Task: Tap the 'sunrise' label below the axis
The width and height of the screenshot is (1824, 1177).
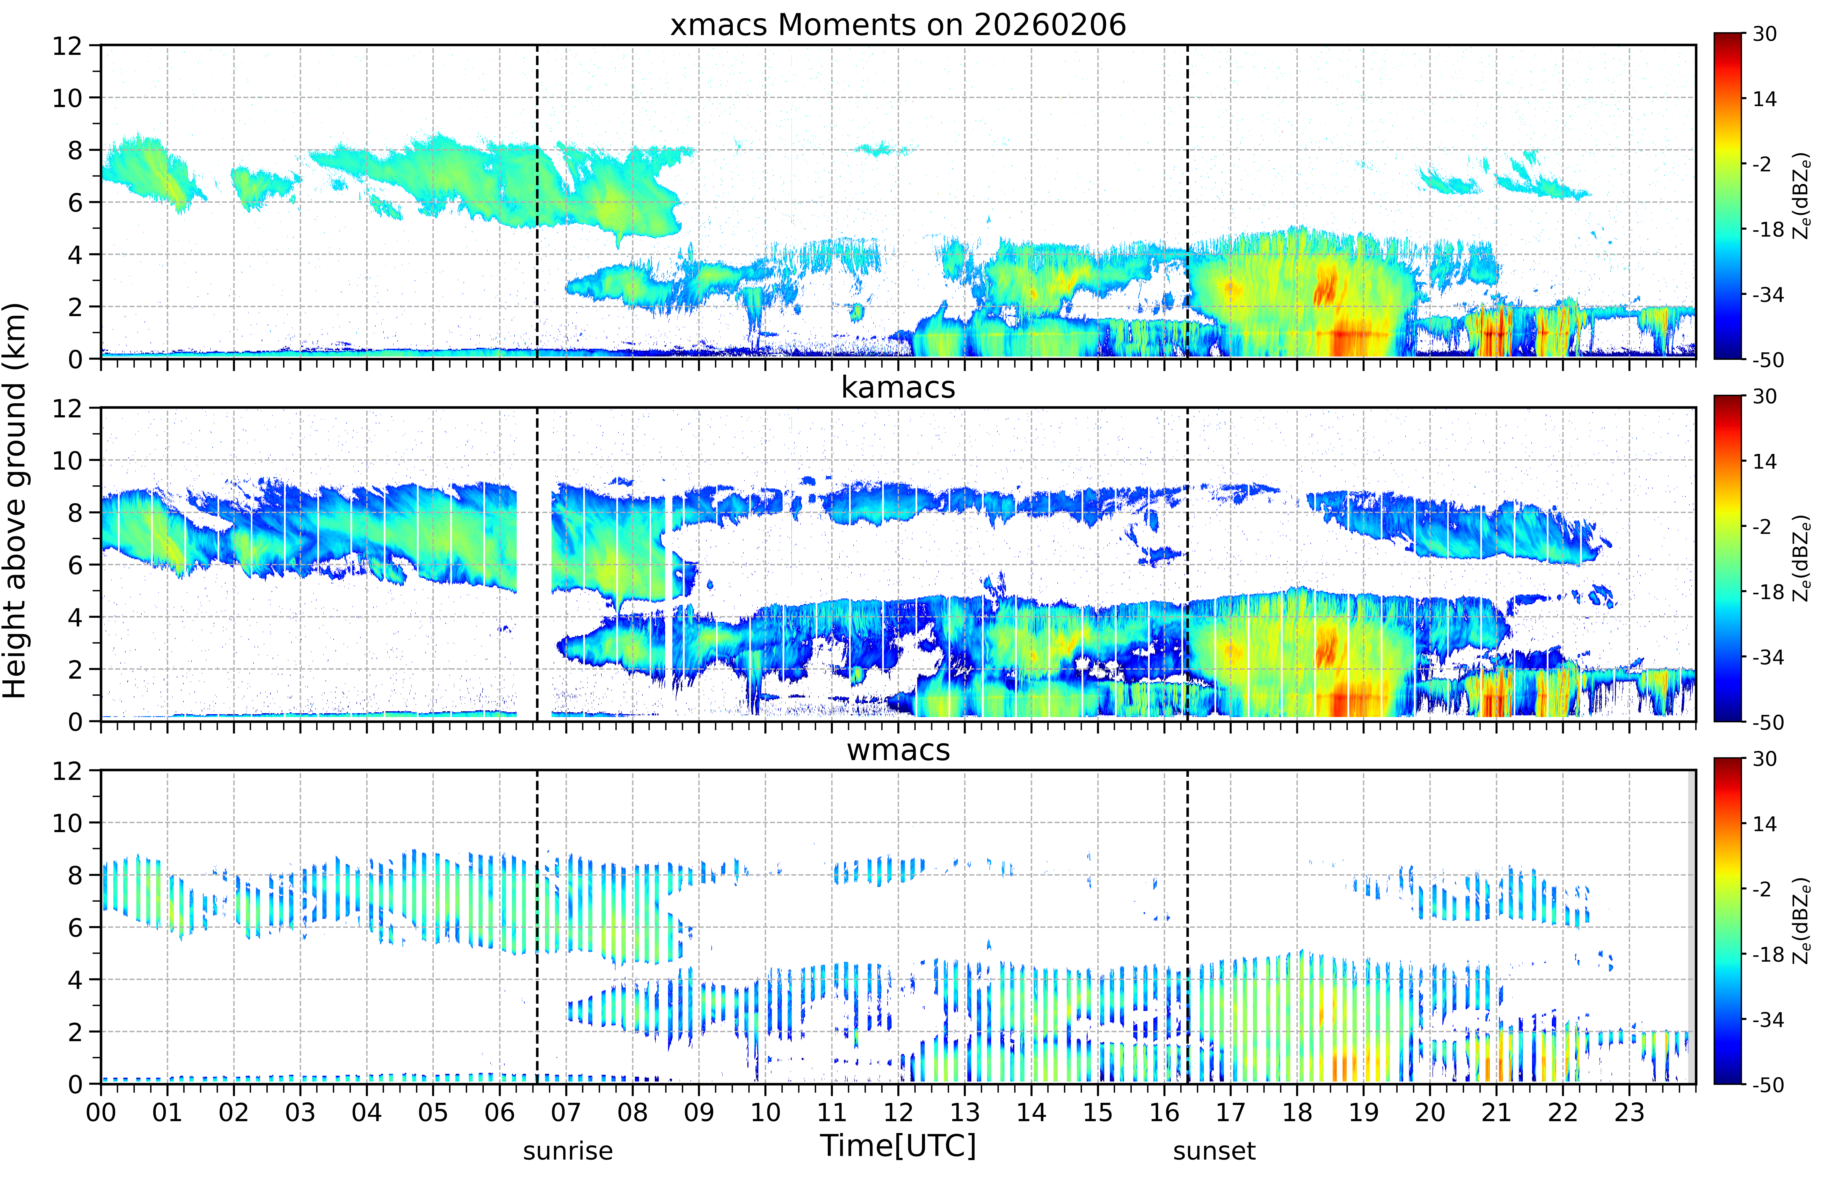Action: point(568,1151)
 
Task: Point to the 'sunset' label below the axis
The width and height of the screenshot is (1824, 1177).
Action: point(1214,1151)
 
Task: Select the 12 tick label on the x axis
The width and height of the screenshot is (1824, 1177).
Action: point(899,1112)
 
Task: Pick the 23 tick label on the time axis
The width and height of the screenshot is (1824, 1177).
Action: point(1629,1112)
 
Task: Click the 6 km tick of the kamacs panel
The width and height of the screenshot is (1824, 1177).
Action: point(74,565)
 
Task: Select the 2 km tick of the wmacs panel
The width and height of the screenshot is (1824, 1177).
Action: point(74,1032)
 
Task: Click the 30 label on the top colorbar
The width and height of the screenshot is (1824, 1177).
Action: point(1764,34)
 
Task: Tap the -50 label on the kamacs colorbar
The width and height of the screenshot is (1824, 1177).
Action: point(1767,722)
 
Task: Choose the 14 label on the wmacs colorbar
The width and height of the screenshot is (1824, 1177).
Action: point(1764,824)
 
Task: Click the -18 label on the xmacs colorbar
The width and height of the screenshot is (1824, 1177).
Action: point(1767,229)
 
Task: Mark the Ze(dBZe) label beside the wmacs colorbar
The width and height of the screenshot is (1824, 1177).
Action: point(1802,921)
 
